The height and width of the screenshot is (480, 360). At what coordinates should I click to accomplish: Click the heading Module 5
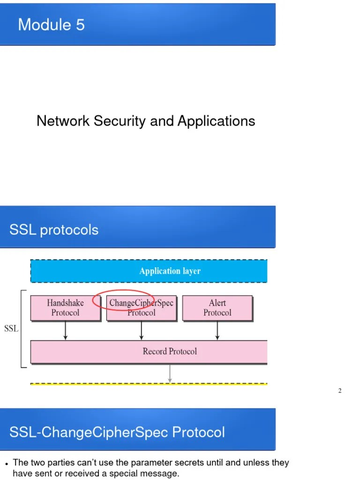(51, 24)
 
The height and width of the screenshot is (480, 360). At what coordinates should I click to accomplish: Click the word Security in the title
(120, 121)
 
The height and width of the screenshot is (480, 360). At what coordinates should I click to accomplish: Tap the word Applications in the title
(216, 121)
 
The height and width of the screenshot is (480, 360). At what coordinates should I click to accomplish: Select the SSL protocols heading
(54, 230)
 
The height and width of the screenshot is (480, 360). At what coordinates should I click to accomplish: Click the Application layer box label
(170, 271)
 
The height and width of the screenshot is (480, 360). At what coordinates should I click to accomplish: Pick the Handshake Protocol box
(65, 308)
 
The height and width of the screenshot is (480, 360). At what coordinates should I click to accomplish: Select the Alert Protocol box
(217, 308)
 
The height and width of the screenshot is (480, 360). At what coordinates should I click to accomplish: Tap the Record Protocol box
(170, 352)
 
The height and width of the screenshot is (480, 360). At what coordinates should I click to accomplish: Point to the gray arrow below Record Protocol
(170, 373)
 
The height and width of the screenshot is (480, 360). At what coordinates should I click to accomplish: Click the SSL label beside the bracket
(11, 329)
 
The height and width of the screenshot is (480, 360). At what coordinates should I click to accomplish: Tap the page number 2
(340, 391)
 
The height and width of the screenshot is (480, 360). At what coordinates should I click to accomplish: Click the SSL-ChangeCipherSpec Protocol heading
(117, 432)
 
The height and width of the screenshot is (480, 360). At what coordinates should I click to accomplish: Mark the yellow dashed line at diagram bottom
(149, 384)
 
